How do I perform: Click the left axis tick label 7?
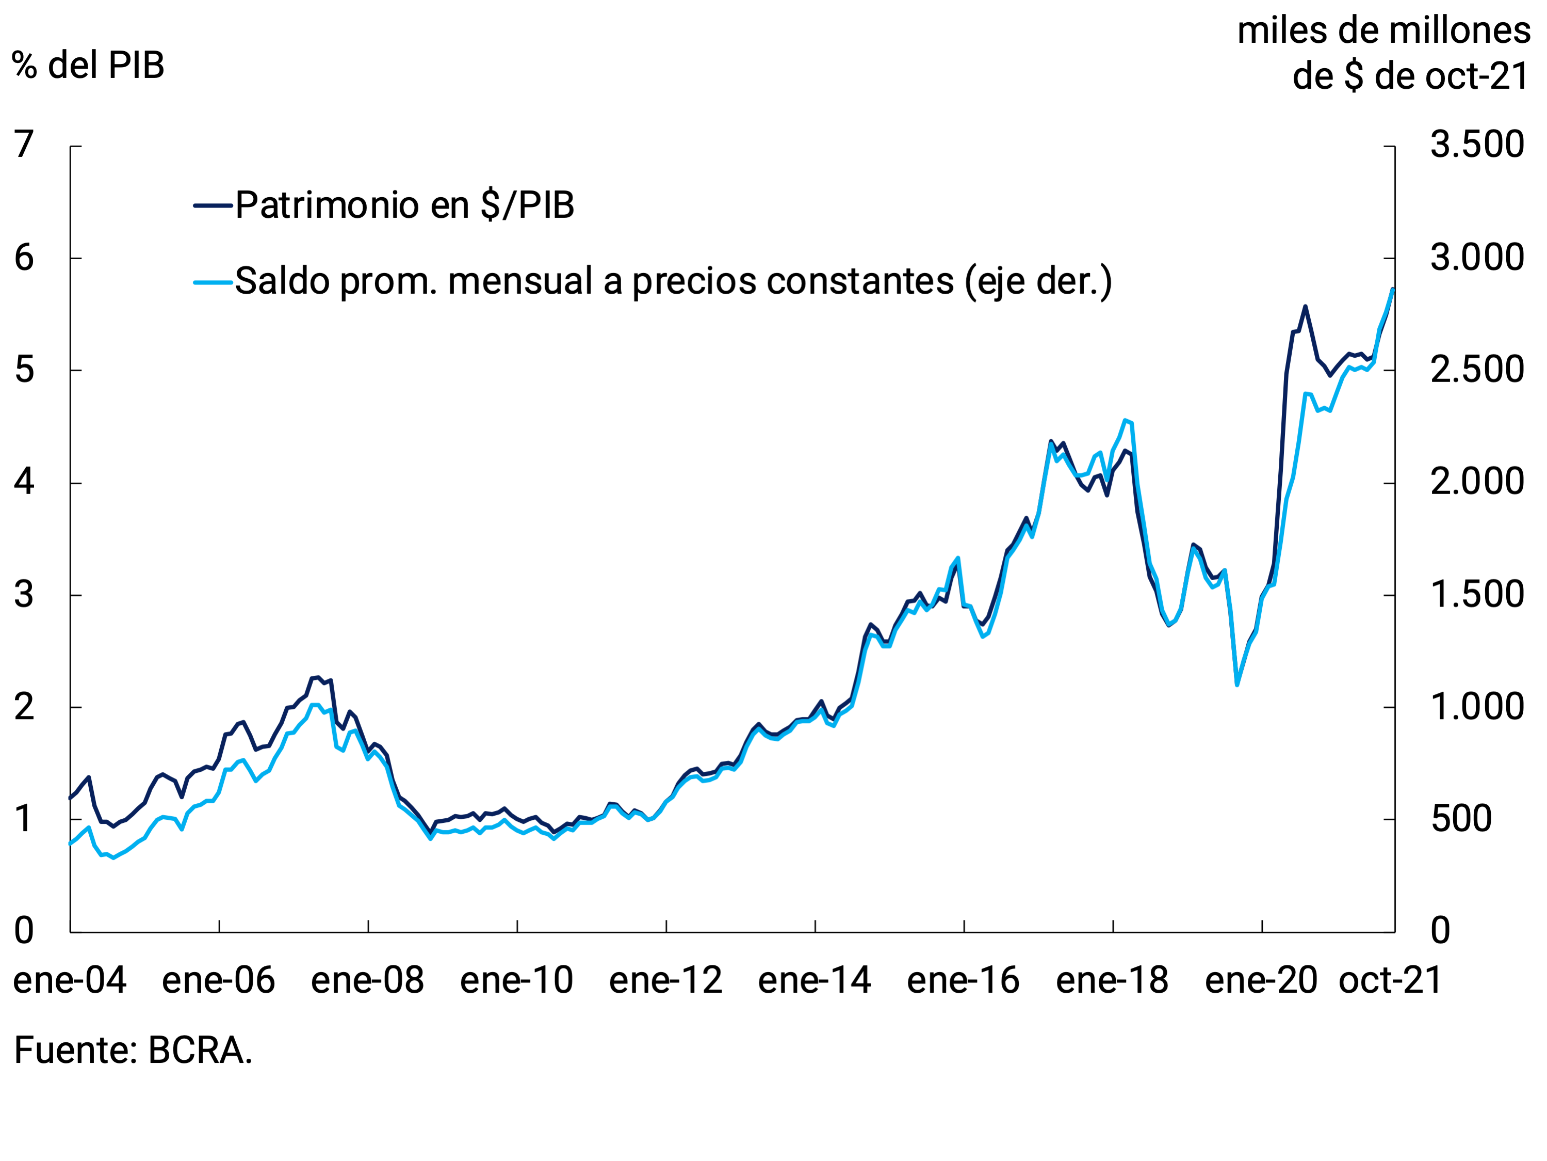[24, 145]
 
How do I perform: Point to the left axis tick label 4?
[24, 482]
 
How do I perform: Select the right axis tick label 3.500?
[1477, 145]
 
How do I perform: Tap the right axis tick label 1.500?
[1477, 595]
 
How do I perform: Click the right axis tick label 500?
[1461, 819]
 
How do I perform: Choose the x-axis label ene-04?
[70, 980]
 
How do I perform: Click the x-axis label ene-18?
[1112, 980]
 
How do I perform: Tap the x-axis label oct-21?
[1390, 980]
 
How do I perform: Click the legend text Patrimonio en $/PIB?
[404, 205]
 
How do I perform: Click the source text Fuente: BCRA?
[133, 1051]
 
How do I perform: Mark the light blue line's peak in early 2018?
[1125, 421]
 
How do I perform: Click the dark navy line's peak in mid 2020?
[1305, 307]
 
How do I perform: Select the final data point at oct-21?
[1393, 289]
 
